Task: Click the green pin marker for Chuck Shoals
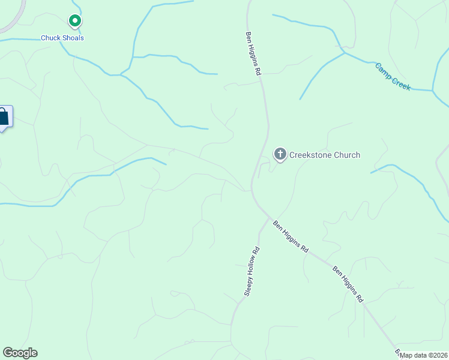click(x=74, y=22)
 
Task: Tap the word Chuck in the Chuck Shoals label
click(x=51, y=38)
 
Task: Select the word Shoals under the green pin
click(x=73, y=38)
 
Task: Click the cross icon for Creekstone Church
click(x=280, y=155)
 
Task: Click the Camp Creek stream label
click(x=393, y=77)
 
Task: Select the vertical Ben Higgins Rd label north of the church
click(x=254, y=53)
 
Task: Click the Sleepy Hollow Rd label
click(x=252, y=271)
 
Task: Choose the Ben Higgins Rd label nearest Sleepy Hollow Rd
click(x=291, y=236)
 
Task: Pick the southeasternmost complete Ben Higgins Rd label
click(x=348, y=283)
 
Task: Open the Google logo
click(x=20, y=353)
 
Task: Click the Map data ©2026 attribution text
click(x=423, y=355)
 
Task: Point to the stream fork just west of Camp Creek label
click(x=345, y=53)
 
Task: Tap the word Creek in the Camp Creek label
click(x=401, y=83)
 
